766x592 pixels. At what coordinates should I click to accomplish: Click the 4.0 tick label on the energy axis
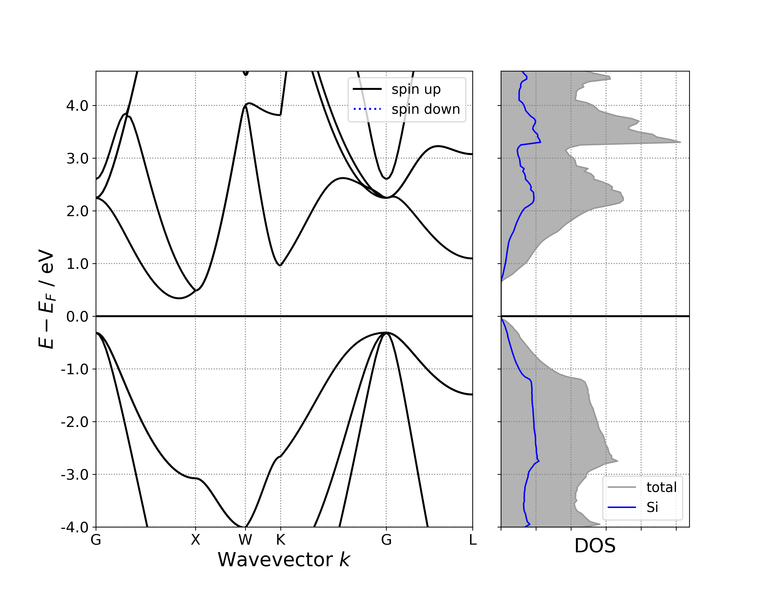pyautogui.click(x=77, y=106)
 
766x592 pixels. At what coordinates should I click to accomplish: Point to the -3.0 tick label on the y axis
pyautogui.click(x=75, y=475)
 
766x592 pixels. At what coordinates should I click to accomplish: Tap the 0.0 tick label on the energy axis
pyautogui.click(x=77, y=317)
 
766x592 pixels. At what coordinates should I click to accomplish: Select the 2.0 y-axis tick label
pyautogui.click(x=77, y=211)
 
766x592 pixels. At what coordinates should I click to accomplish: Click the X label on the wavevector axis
pyautogui.click(x=195, y=540)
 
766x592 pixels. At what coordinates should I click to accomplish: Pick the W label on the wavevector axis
pyautogui.click(x=245, y=540)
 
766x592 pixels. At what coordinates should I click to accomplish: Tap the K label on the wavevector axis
pyautogui.click(x=280, y=540)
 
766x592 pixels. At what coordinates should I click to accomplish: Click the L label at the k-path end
pyautogui.click(x=472, y=540)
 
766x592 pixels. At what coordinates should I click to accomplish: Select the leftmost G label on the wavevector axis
pyautogui.click(x=96, y=540)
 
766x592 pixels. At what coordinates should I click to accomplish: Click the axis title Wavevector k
pyautogui.click(x=284, y=560)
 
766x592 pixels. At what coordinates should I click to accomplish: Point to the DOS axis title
pyautogui.click(x=595, y=546)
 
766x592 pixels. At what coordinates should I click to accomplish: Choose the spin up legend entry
pyautogui.click(x=416, y=89)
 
